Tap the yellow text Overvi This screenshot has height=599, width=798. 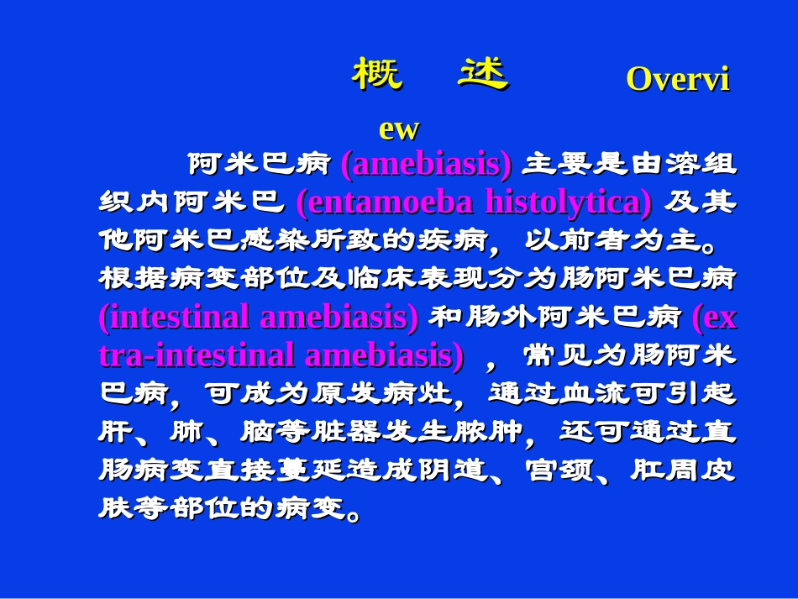677,79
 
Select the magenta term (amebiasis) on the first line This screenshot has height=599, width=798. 426,165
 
